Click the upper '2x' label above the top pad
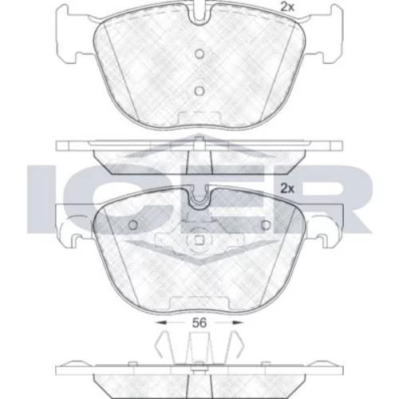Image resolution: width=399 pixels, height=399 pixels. point(287,7)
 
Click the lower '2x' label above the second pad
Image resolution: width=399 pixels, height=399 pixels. point(287,188)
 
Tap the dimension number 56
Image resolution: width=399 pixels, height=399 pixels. point(199,323)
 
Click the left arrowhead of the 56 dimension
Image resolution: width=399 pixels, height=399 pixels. point(161,322)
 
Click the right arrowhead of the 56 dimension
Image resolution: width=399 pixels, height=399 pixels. point(238,322)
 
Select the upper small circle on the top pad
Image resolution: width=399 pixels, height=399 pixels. point(199,54)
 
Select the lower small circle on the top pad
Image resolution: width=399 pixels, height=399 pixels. point(199,91)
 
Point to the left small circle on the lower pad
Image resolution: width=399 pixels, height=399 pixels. point(133,225)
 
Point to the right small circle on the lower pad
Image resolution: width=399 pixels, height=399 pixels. point(266,225)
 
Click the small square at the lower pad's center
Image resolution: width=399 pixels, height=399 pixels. point(199,240)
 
